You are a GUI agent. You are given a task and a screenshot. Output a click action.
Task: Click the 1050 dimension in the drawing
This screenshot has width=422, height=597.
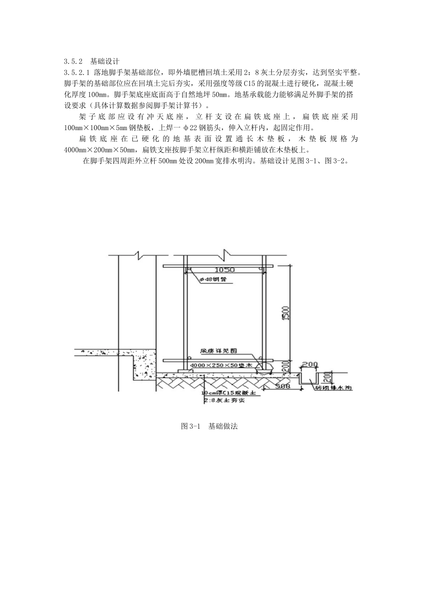(225, 270)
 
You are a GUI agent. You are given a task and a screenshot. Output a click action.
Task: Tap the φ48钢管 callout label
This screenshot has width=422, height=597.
(212, 279)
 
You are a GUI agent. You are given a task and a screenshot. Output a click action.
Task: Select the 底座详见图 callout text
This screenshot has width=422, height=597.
(219, 350)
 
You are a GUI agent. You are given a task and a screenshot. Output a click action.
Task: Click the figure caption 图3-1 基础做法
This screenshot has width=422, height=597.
(210, 426)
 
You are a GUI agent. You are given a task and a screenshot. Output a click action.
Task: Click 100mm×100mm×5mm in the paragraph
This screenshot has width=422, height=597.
(92, 127)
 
